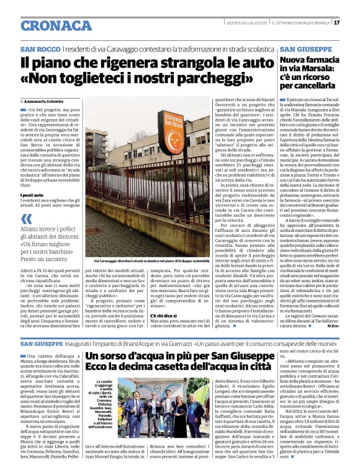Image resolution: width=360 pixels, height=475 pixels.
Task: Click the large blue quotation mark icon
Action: point(26,218)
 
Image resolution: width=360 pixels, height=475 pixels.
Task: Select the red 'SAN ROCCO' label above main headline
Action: point(40,49)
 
